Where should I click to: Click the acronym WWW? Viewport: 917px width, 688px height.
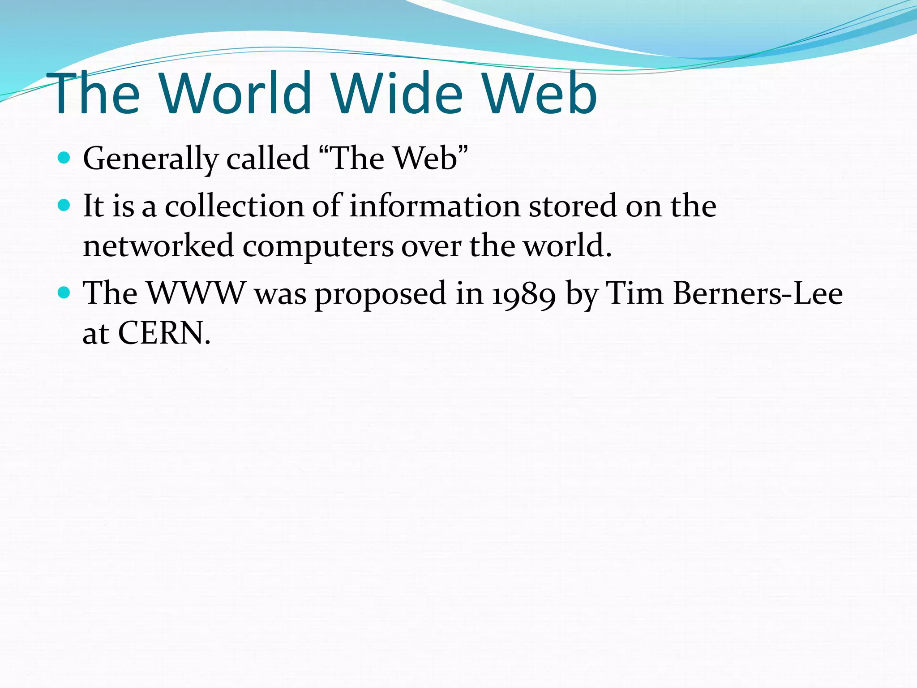tap(197, 293)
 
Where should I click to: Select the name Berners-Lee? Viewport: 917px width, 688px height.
tap(758, 293)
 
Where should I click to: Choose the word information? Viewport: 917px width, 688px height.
tap(434, 206)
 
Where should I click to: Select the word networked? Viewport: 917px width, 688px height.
tap(159, 246)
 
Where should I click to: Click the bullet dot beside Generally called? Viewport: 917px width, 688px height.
tap(64, 158)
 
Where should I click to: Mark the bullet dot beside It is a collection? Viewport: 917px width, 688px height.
tap(64, 205)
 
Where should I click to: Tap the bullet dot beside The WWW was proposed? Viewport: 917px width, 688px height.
tap(64, 293)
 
